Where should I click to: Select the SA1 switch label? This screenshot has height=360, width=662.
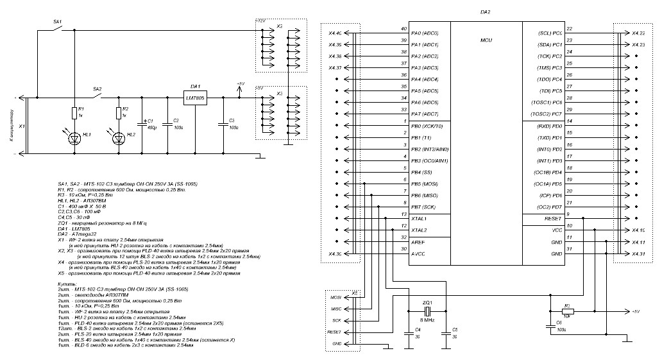click(x=56, y=22)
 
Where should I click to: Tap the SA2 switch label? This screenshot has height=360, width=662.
click(x=98, y=89)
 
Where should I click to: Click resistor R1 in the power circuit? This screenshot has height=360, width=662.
click(x=74, y=113)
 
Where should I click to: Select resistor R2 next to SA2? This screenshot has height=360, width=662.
click(x=119, y=113)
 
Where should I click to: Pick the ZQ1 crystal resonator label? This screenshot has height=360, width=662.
click(x=427, y=302)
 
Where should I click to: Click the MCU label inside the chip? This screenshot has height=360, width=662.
click(x=486, y=40)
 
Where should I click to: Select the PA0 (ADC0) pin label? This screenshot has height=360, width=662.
click(x=424, y=33)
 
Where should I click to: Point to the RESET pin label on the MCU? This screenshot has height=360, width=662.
click(x=552, y=219)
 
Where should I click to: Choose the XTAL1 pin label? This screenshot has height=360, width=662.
click(x=419, y=219)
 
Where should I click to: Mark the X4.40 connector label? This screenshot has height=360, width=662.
click(x=335, y=33)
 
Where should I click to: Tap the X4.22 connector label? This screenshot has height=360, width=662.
click(x=638, y=33)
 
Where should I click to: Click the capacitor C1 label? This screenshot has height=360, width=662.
click(x=151, y=121)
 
